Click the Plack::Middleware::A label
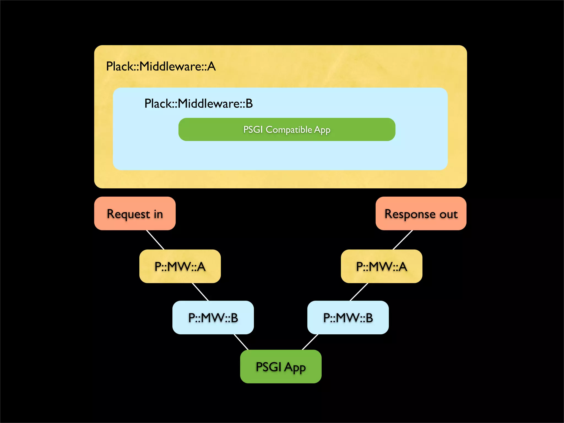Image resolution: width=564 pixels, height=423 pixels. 161,66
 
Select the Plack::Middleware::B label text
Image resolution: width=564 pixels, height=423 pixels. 198,104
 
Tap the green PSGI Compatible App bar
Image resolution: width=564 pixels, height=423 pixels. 287,129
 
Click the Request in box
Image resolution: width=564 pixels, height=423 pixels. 135,214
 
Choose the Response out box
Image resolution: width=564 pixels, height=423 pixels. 421,214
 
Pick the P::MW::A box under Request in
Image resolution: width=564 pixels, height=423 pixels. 180,266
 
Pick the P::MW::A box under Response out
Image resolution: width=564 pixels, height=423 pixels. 381,266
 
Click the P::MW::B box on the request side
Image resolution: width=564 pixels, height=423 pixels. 213,318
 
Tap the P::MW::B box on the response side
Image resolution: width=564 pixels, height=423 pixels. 348,318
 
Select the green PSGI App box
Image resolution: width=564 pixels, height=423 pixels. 281,367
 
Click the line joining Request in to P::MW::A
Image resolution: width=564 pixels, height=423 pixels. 155,240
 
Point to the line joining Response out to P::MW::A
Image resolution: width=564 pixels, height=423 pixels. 403,240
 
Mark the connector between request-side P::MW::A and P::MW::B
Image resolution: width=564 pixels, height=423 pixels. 200,292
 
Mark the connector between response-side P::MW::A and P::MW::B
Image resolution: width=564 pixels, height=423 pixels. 359,292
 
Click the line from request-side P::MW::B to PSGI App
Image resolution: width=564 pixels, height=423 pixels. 241,342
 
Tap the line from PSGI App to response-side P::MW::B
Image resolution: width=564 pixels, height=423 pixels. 310,342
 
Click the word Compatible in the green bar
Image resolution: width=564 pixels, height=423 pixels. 289,129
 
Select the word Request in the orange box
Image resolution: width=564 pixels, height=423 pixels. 128,214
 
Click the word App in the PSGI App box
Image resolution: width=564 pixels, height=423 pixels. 295,367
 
